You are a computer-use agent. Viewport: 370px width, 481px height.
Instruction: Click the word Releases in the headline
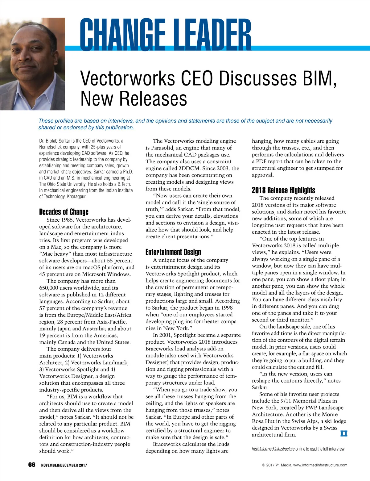(153, 99)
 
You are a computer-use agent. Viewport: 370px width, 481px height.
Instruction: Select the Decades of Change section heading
(64, 212)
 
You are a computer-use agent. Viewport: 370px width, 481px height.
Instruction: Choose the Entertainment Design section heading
(173, 252)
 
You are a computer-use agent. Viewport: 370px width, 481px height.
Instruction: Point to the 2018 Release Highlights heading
(283, 190)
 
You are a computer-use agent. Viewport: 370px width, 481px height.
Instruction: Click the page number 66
(31, 465)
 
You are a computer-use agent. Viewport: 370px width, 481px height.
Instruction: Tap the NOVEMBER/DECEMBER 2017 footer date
(64, 465)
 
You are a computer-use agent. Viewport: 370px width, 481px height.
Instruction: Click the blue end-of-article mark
(344, 434)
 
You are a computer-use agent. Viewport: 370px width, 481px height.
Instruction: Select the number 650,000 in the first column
(50, 288)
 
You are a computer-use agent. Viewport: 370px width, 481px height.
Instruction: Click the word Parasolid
(163, 148)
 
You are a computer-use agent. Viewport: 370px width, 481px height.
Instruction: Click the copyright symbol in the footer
(264, 465)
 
